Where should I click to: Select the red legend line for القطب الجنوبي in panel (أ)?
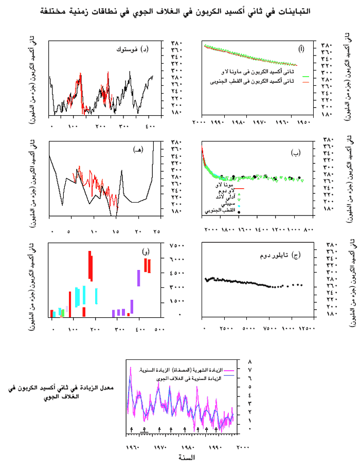(x=305, y=82)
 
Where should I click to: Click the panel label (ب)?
(x=296, y=152)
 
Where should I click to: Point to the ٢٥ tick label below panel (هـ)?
(x=142, y=216)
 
